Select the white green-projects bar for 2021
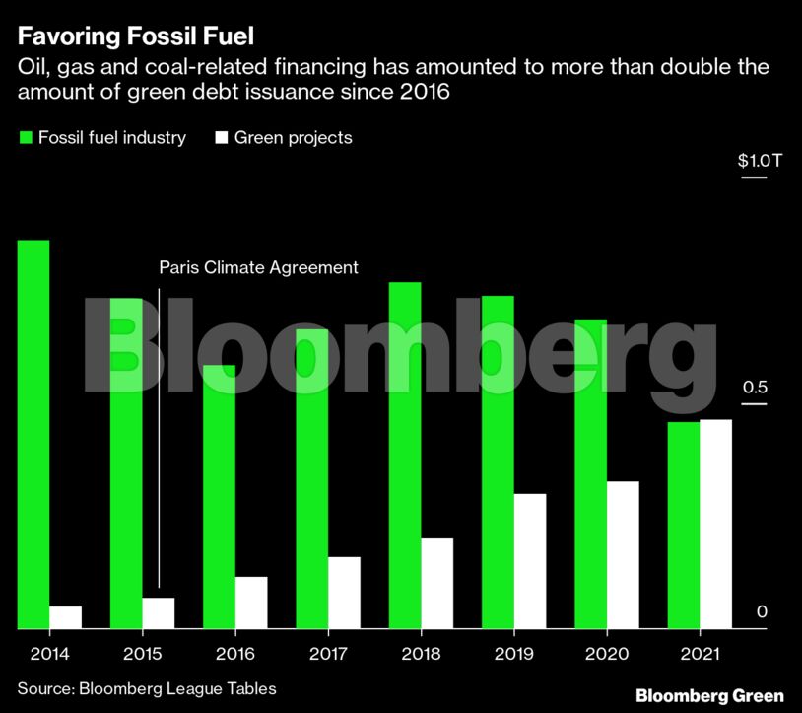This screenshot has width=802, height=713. (x=716, y=524)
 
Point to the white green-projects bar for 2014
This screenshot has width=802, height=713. (x=66, y=617)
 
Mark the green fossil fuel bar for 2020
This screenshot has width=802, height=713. (x=591, y=473)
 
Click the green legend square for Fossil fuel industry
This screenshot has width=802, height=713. (x=26, y=138)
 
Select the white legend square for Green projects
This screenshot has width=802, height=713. (x=222, y=138)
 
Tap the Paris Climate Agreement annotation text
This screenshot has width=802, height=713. (x=258, y=267)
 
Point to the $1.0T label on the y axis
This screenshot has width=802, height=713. (x=760, y=161)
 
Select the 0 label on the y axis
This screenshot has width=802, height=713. (x=762, y=612)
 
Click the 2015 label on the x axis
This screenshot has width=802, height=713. (x=142, y=654)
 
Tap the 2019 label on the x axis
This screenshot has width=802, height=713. (x=514, y=654)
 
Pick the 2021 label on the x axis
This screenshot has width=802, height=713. (x=701, y=654)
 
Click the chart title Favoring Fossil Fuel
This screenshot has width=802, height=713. (x=136, y=37)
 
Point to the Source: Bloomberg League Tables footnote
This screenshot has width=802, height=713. (x=147, y=688)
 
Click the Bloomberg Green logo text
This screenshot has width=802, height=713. (x=709, y=695)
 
